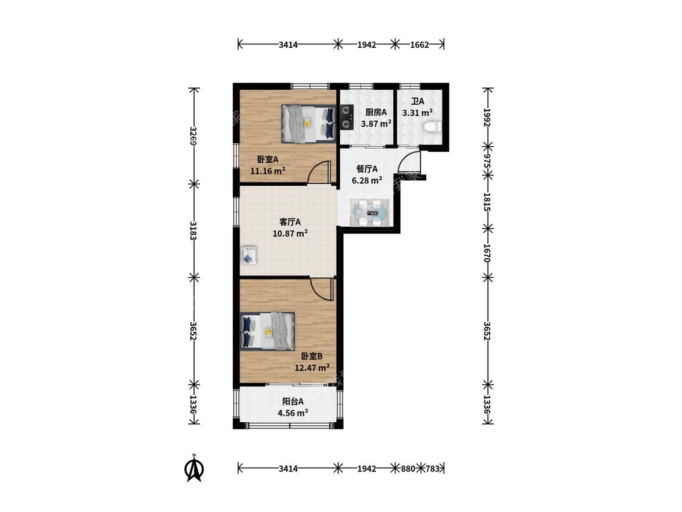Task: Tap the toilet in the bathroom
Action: pos(432,127)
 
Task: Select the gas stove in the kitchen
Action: pos(347,117)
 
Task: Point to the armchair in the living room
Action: pos(249,255)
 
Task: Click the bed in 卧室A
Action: pos(309,124)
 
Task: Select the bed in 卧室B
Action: pos(267,331)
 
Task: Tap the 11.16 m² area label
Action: pos(267,170)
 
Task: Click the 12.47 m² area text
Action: pos(312,368)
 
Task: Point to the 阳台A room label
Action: pos(293,402)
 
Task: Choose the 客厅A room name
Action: pos(290,222)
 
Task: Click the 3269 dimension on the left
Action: pos(193,136)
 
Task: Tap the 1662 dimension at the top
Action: pos(420,44)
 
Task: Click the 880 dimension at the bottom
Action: pos(407,469)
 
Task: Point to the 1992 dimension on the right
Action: pos(487,118)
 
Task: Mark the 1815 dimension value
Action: pos(487,202)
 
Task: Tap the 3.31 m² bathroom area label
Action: pos(417,113)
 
